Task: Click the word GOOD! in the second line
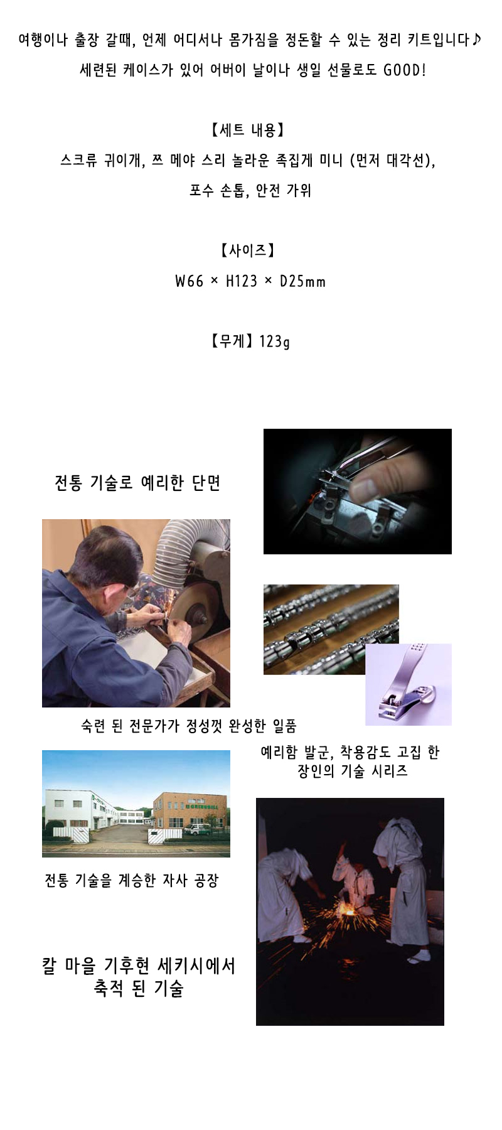pos(405,70)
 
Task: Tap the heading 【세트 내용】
pos(247,130)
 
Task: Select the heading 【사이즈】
pos(247,250)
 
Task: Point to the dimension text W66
pos(190,281)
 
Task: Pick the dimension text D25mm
pos(302,281)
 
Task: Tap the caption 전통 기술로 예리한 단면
pos(137,482)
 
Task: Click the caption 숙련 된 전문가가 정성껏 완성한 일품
pos(189,726)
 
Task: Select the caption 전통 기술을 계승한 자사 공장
pos(131,880)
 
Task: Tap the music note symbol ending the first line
pos(478,40)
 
